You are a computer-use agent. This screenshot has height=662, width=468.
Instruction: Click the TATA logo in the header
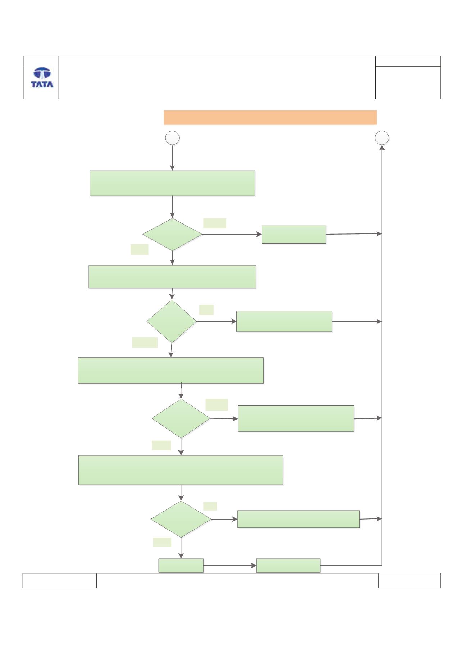click(x=42, y=77)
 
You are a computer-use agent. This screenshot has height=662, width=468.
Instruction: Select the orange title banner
click(x=270, y=118)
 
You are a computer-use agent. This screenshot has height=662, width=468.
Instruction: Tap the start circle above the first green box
click(x=172, y=138)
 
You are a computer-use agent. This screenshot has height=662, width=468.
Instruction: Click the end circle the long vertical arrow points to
click(x=382, y=138)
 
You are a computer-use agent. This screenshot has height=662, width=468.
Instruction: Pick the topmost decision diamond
click(x=172, y=235)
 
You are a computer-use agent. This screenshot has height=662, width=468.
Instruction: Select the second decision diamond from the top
click(x=172, y=321)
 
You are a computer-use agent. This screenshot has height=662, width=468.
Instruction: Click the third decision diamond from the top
click(x=181, y=418)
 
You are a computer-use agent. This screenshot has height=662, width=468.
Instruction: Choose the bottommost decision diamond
click(x=181, y=519)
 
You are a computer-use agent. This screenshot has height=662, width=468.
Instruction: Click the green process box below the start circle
click(x=172, y=183)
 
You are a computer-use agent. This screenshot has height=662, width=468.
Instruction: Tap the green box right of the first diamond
click(x=294, y=234)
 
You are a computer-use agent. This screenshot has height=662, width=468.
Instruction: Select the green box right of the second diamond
click(x=284, y=321)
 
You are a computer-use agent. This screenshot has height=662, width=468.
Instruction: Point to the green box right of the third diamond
click(x=296, y=418)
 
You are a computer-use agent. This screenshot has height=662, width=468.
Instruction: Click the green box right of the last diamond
click(x=299, y=519)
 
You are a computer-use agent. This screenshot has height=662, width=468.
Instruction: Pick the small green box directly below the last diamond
click(x=181, y=566)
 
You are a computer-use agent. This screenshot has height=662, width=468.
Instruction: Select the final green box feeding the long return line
click(x=288, y=566)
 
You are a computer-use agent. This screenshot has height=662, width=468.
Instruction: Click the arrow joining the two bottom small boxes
click(x=230, y=566)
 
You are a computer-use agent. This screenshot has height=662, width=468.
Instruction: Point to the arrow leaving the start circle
click(x=172, y=158)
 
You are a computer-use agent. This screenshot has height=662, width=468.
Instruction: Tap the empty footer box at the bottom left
click(x=60, y=581)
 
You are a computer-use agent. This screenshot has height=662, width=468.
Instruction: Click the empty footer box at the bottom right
click(x=409, y=581)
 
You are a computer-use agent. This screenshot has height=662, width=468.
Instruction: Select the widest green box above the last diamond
click(x=181, y=470)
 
